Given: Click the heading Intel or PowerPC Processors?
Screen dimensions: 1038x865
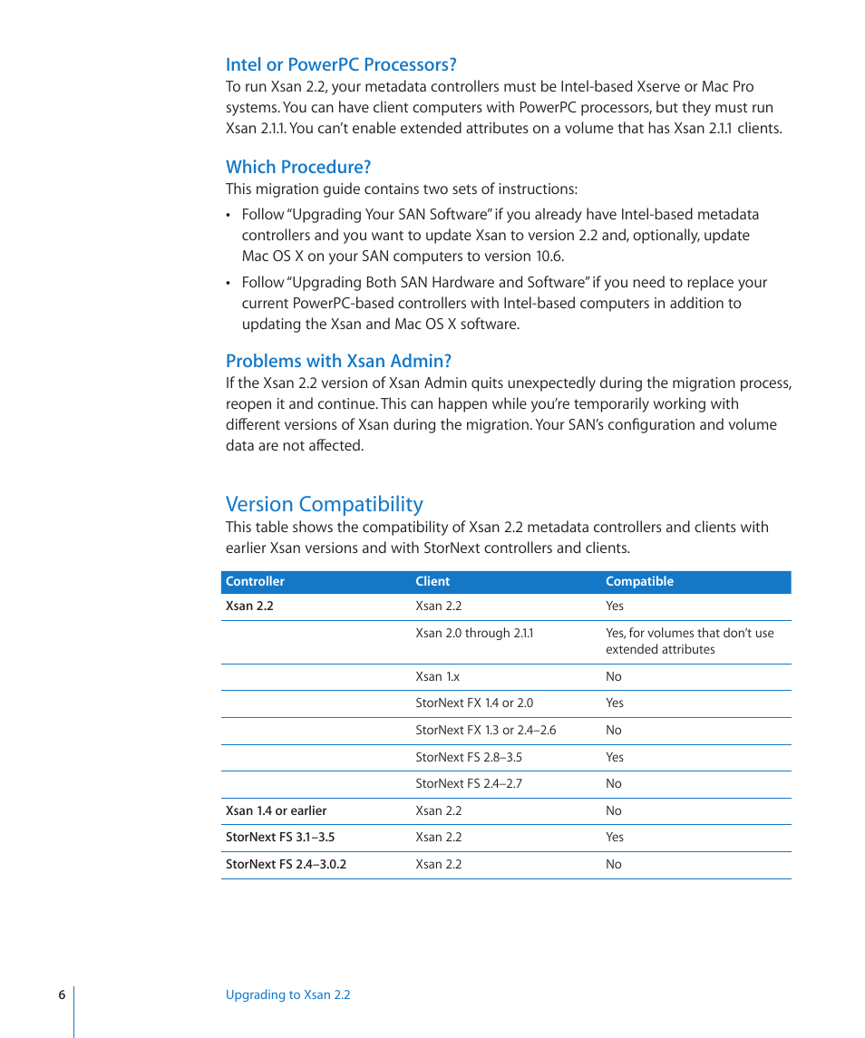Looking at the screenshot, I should [341, 64].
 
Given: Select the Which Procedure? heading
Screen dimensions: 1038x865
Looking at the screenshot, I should [298, 167].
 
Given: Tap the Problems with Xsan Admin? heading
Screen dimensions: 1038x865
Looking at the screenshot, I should [338, 361].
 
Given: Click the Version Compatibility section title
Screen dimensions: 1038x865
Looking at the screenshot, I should [324, 504].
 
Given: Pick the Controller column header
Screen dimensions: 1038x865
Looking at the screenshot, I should [255, 582].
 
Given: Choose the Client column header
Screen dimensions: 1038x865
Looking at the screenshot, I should [432, 582].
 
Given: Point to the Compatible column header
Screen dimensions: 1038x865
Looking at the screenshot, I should [639, 582].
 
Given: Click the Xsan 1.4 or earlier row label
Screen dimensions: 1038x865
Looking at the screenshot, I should [276, 811].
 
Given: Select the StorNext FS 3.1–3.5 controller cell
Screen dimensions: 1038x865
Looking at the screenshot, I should [279, 838].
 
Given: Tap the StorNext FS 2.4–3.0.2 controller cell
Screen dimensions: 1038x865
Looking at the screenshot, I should [286, 865].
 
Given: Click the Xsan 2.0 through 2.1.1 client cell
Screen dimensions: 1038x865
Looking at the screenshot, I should [474, 634].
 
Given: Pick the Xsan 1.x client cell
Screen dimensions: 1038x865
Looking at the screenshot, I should [438, 677].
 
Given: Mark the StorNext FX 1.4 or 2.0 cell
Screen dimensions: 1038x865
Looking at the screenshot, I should [474, 703].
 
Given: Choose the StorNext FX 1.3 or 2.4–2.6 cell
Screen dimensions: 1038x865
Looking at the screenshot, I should [485, 731].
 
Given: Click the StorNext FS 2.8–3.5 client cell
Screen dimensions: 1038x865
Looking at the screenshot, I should [469, 758].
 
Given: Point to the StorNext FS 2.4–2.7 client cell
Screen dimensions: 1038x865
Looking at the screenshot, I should [469, 784].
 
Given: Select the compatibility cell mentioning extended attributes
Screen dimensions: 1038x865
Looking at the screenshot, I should [689, 641].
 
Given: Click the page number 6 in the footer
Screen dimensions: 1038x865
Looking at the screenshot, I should [62, 995].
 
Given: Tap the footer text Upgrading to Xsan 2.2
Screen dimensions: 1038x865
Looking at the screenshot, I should [287, 995].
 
